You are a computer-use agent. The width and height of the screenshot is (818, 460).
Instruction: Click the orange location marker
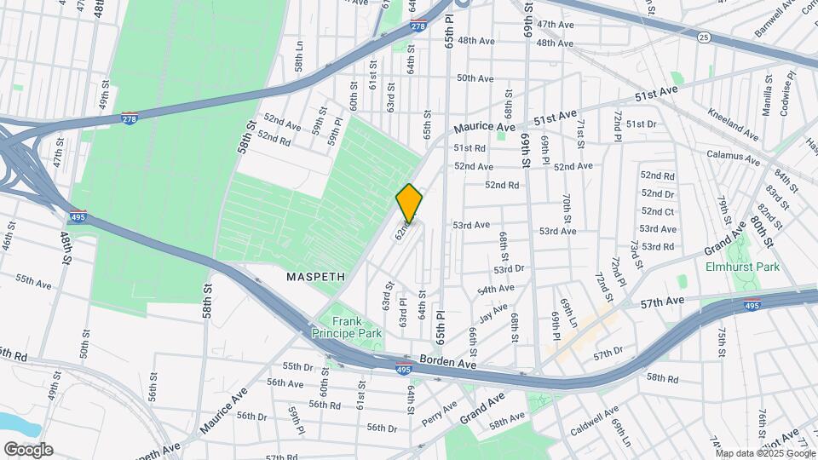tap(409, 204)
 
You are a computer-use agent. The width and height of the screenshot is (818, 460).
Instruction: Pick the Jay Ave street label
tap(493, 317)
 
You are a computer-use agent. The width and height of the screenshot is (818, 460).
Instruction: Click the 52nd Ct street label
tap(658, 212)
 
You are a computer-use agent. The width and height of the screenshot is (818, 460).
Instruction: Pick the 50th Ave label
tap(475, 78)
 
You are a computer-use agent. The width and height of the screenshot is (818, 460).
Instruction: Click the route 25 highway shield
tap(703, 37)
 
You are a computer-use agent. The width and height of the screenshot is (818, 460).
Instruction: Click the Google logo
tap(27, 450)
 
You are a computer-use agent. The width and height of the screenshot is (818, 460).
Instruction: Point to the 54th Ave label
tap(498, 289)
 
